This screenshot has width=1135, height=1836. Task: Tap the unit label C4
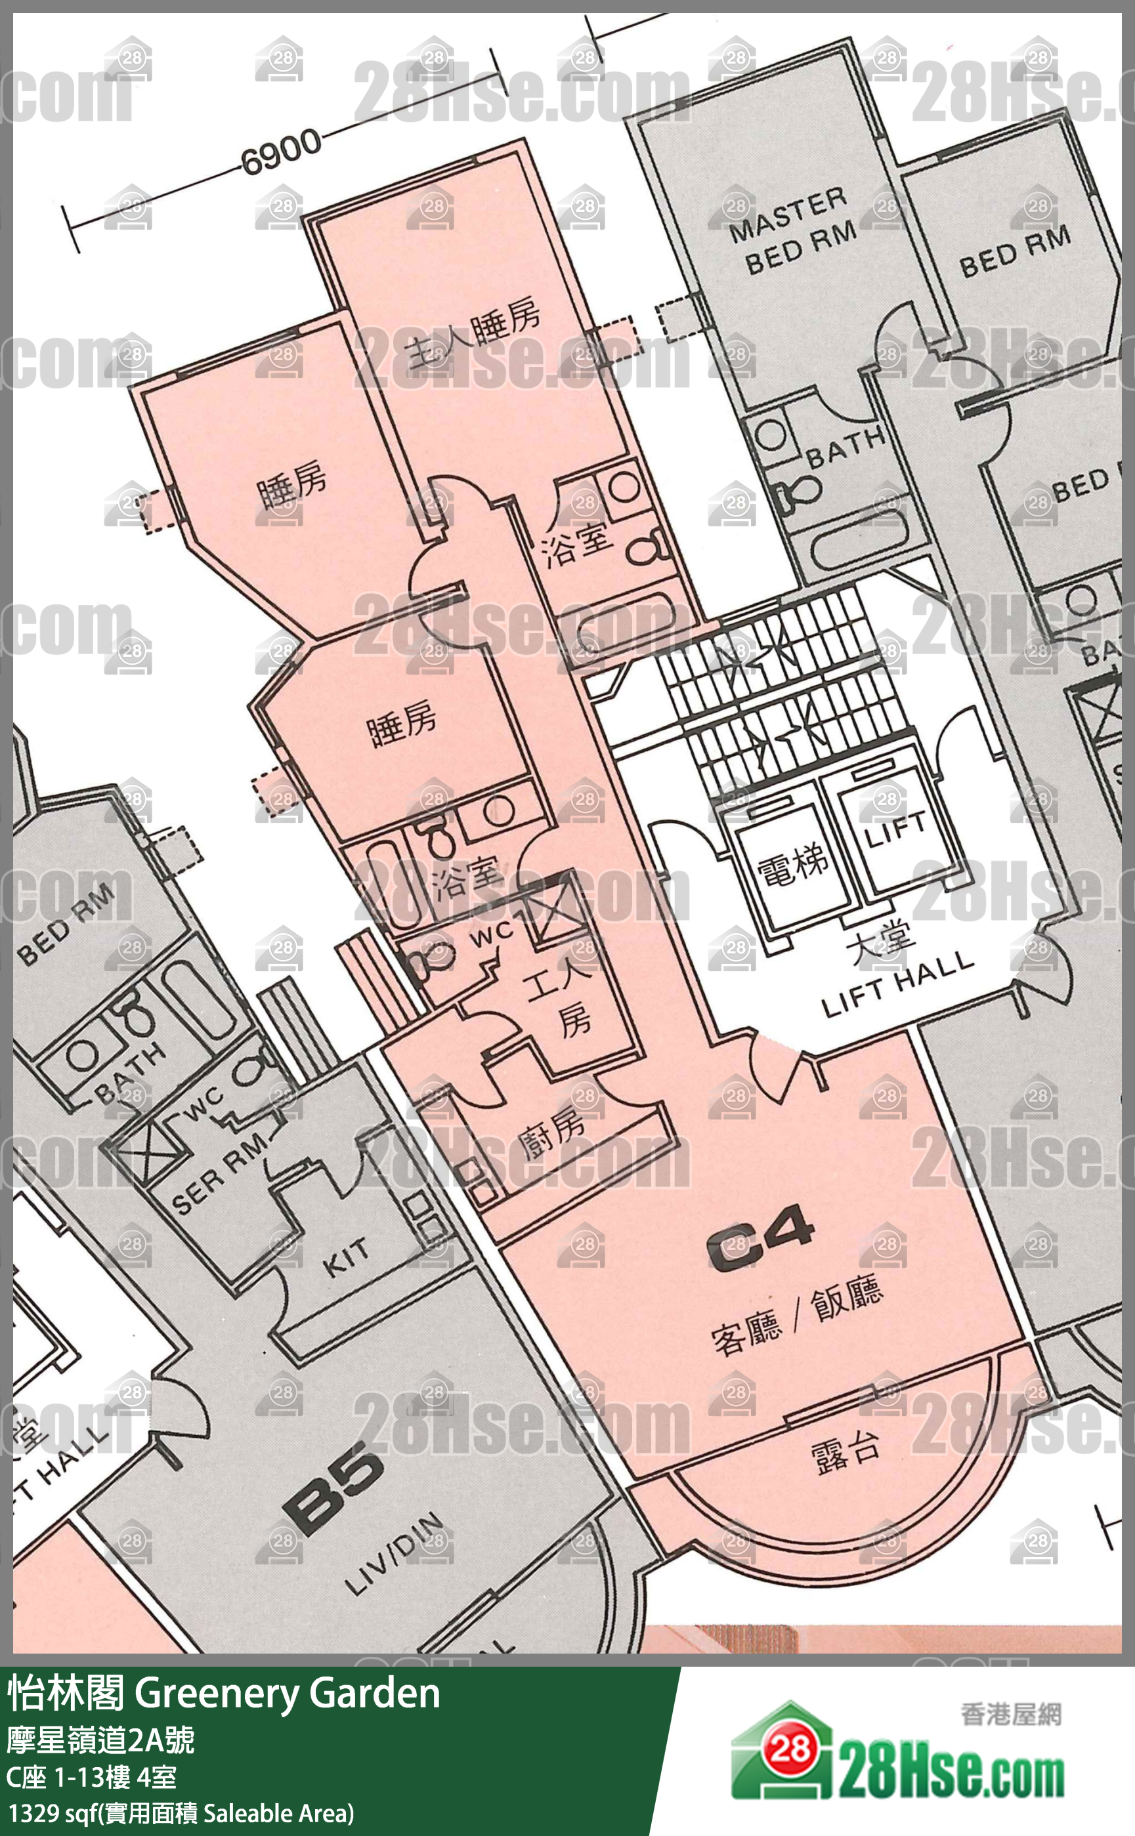pyautogui.click(x=760, y=1238)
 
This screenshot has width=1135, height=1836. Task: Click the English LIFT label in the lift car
pyautogui.click(x=895, y=828)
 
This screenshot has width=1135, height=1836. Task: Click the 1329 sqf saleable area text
pyautogui.click(x=180, y=1813)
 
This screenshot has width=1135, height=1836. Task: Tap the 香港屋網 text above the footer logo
pyautogui.click(x=1010, y=1715)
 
